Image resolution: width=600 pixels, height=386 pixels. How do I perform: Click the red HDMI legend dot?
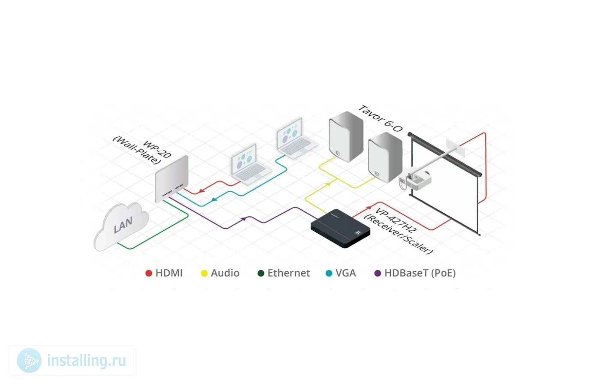click(x=149, y=273)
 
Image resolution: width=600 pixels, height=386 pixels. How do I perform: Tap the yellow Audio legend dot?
click(x=204, y=273)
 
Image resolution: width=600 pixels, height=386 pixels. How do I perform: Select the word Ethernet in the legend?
click(x=288, y=273)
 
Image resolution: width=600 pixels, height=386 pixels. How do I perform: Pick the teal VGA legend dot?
click(x=329, y=273)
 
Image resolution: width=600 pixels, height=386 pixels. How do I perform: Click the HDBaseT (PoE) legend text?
click(x=420, y=273)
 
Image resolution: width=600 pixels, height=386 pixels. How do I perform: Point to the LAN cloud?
click(x=121, y=226)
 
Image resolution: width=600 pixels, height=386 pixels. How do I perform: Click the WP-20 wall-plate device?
click(x=171, y=179)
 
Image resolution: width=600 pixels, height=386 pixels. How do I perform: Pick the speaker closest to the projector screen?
click(x=384, y=157)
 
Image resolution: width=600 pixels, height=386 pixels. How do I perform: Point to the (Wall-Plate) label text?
click(x=137, y=151)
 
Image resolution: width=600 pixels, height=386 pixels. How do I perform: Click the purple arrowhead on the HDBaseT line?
click(x=243, y=219)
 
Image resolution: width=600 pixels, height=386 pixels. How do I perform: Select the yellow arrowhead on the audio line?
click(x=328, y=184)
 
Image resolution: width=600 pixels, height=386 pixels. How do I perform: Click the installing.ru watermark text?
click(x=87, y=361)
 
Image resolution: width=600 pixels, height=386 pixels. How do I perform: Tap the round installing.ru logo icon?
click(x=29, y=361)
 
